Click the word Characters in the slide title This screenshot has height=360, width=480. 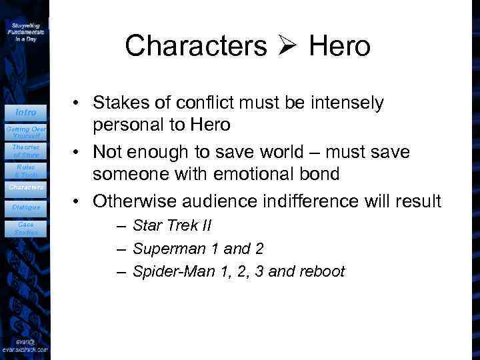pyautogui.click(x=195, y=46)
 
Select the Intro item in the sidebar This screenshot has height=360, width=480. pyautogui.click(x=26, y=112)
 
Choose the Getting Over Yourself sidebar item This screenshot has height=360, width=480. pyautogui.click(x=25, y=131)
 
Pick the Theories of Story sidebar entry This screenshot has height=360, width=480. pyautogui.click(x=26, y=151)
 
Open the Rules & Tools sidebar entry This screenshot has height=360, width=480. pyautogui.click(x=26, y=171)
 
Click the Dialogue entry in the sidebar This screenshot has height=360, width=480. pyautogui.click(x=26, y=207)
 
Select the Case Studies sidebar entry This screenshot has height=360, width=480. pyautogui.click(x=26, y=229)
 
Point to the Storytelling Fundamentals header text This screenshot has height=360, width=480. pyautogui.click(x=26, y=31)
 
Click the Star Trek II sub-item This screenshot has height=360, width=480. pyautogui.click(x=172, y=225)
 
